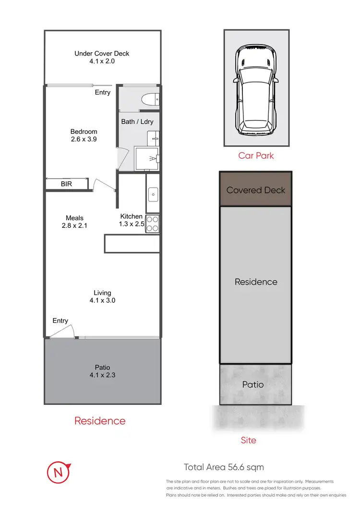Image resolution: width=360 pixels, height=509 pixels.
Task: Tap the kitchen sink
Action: pyautogui.click(x=153, y=194)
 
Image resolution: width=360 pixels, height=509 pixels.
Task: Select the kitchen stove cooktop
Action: pyautogui.click(x=152, y=224)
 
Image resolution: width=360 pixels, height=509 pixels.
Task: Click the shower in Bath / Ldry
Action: pyautogui.click(x=147, y=159)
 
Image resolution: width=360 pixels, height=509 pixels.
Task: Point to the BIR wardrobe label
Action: pyautogui.click(x=67, y=184)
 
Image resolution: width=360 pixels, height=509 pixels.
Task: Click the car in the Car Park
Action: pyautogui.click(x=256, y=90)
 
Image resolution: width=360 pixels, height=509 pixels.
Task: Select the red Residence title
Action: pyautogui.click(x=100, y=421)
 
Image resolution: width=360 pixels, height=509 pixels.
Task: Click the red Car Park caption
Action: pyautogui.click(x=256, y=156)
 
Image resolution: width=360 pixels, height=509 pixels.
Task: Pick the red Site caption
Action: pyautogui.click(x=248, y=440)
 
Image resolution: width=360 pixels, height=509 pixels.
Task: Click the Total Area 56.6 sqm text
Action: pyautogui.click(x=224, y=467)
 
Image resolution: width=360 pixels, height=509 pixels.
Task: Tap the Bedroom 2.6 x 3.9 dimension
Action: pyautogui.click(x=84, y=139)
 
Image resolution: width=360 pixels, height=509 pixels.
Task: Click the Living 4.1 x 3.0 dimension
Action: pyautogui.click(x=102, y=300)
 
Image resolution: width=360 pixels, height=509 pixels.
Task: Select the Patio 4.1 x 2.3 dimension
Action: pyautogui.click(x=102, y=376)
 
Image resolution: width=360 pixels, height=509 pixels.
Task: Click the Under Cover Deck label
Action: pyautogui.click(x=102, y=53)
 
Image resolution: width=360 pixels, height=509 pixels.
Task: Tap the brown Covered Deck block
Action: pyautogui.click(x=256, y=189)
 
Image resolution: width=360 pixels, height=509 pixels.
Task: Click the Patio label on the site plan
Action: pyautogui.click(x=252, y=384)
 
